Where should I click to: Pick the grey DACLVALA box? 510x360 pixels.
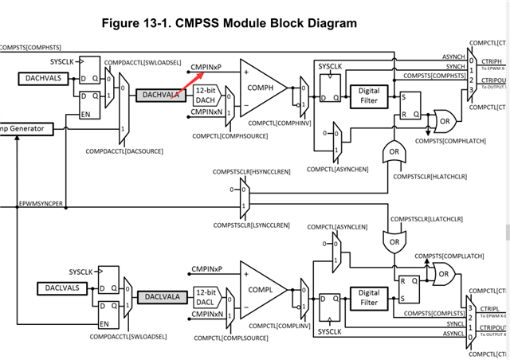(162, 297)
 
